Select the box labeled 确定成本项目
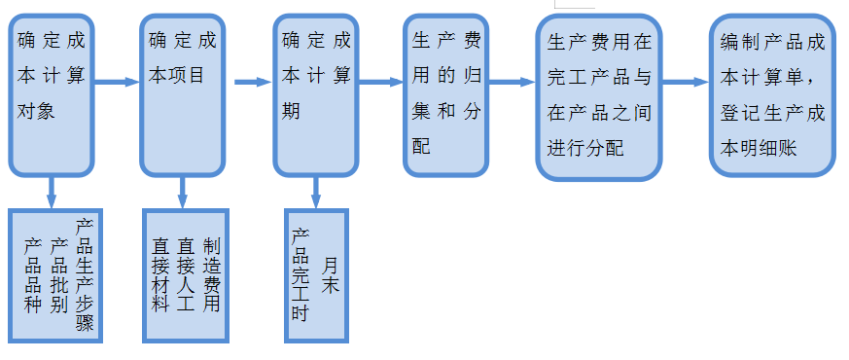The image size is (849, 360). (x=183, y=93)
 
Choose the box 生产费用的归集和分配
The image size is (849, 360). (x=445, y=93)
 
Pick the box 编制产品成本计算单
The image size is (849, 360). (x=772, y=93)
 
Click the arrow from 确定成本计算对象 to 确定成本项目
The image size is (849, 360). (x=118, y=83)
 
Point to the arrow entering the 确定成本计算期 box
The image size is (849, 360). (x=252, y=83)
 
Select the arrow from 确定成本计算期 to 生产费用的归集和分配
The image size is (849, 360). (x=380, y=83)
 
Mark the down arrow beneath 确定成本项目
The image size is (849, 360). (x=183, y=191)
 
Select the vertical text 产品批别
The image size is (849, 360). (x=59, y=272)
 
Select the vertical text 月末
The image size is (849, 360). (x=331, y=274)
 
